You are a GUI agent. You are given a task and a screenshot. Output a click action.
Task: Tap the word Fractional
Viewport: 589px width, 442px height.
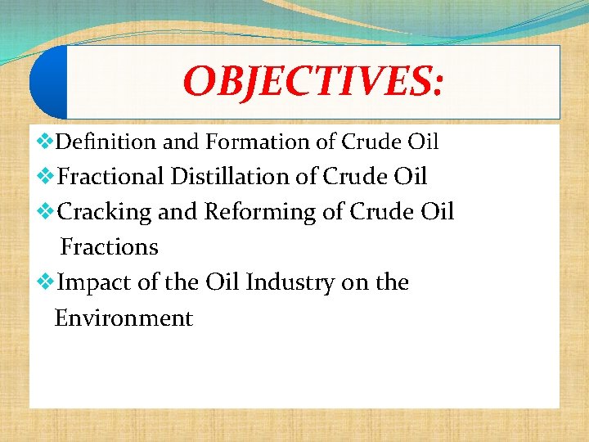tap(112, 177)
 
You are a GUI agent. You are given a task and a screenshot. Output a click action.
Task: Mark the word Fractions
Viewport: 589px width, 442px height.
tap(110, 247)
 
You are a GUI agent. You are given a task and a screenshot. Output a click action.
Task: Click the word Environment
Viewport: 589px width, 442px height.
tap(124, 318)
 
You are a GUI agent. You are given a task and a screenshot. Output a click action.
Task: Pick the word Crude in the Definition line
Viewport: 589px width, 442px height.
tap(371, 142)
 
